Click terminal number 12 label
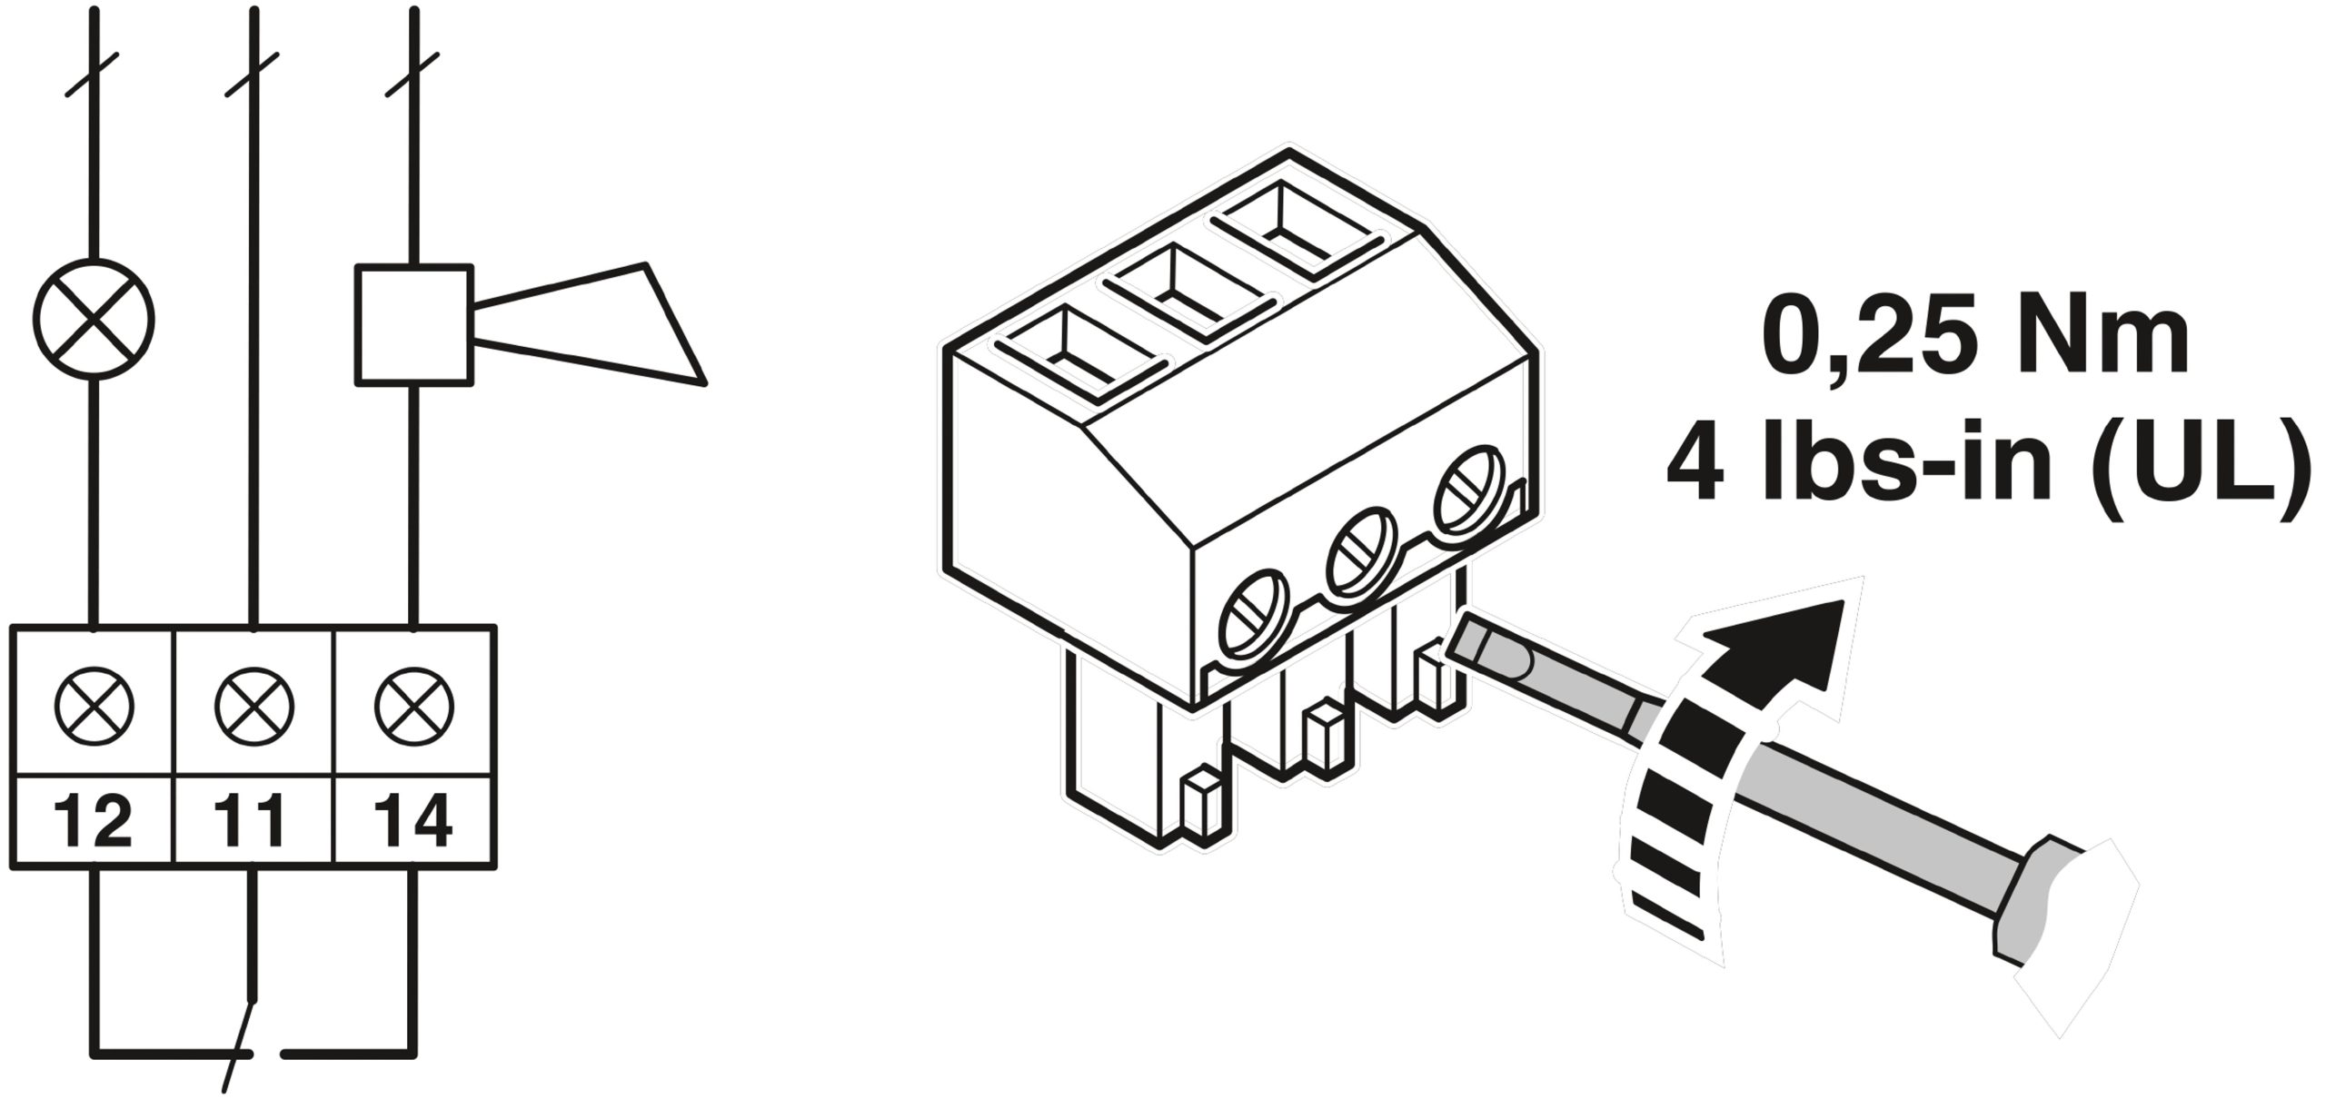pos(93,820)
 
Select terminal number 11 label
pos(253,820)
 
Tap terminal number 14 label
pos(413,820)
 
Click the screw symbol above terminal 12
pos(94,705)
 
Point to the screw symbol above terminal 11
pos(254,705)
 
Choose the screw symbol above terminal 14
pos(414,705)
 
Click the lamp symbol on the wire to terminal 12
pos(94,319)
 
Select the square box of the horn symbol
pos(414,324)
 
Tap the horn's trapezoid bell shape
pos(591,324)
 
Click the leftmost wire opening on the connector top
pos(1080,353)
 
